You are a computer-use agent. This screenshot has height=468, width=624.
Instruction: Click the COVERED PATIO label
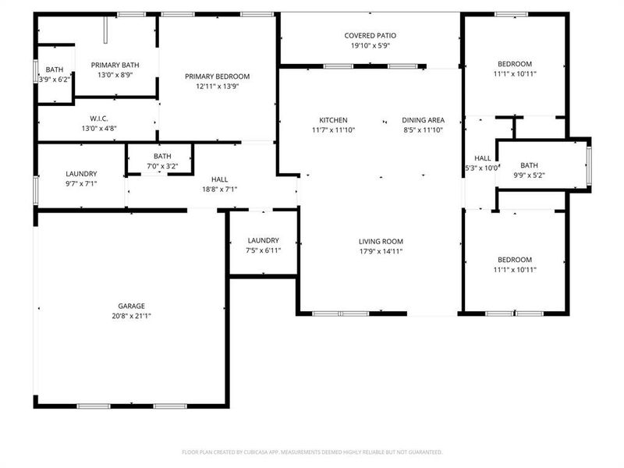[370, 35]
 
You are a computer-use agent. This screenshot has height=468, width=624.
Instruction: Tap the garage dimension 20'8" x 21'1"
[132, 316]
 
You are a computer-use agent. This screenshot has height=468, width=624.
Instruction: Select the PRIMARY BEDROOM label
[217, 76]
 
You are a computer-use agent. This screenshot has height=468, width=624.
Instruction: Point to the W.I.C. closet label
[98, 119]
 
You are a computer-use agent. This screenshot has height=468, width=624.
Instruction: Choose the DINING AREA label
[423, 119]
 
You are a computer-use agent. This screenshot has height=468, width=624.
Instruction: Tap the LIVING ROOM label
[381, 241]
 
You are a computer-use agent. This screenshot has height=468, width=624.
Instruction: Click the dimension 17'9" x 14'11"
[381, 251]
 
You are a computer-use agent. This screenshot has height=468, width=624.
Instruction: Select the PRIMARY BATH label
[115, 65]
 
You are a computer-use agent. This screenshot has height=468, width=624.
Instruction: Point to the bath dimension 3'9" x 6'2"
[54, 79]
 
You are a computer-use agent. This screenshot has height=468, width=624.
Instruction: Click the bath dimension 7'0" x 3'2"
[162, 165]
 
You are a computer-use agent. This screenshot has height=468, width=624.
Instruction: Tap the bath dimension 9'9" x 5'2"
[529, 175]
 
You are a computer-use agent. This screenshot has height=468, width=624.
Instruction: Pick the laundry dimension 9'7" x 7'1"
[81, 183]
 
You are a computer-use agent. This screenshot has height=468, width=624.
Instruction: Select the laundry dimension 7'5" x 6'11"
[264, 250]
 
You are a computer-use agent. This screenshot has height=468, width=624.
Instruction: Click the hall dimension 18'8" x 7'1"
[219, 189]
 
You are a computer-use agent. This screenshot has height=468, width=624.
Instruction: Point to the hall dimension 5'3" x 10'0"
[481, 168]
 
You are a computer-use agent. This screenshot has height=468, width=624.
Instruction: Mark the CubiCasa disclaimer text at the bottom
[312, 452]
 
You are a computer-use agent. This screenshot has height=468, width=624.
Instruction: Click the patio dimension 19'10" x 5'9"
[370, 45]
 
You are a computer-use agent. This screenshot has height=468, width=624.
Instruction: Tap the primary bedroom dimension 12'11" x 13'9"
[217, 86]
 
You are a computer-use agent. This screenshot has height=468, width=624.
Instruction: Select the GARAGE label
[132, 306]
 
